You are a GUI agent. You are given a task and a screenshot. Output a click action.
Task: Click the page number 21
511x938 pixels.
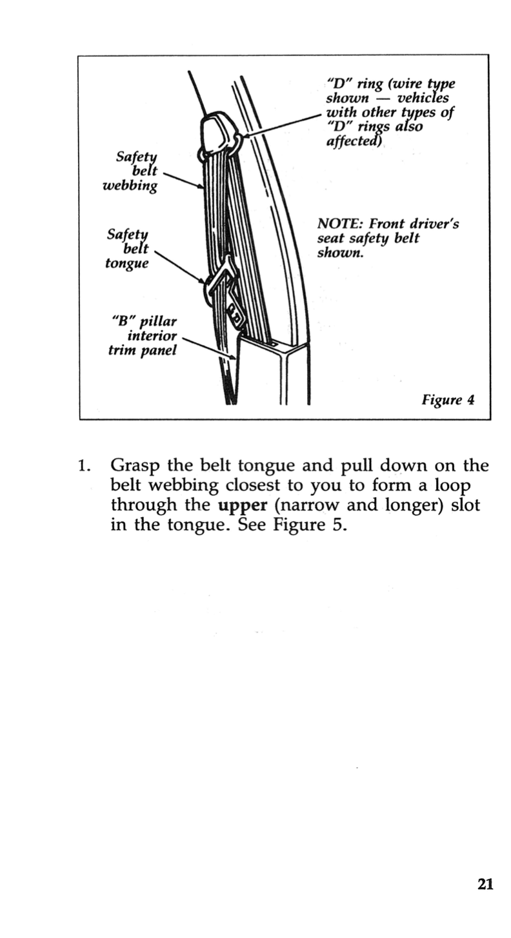tap(485, 884)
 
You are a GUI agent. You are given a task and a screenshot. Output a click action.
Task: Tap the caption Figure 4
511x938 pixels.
tap(448, 400)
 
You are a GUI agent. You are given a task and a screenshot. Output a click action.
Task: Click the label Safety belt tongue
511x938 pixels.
tap(128, 248)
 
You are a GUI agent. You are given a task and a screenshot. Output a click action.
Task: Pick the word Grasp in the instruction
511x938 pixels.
tap(136, 465)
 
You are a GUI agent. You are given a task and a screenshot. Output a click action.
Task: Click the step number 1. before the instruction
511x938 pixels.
tap(83, 466)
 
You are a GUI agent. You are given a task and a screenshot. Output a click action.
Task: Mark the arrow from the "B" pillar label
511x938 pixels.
tap(210, 348)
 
